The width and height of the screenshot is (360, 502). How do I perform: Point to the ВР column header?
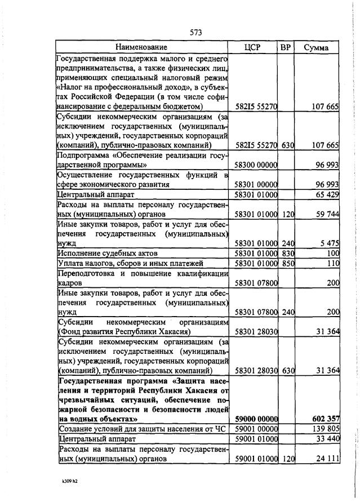tap(286, 47)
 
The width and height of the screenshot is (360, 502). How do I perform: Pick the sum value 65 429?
tap(325, 195)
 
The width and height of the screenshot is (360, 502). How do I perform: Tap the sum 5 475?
tap(327, 243)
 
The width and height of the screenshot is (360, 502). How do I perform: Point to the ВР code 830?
tap(288, 253)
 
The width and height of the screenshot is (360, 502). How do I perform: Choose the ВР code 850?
tap(288, 263)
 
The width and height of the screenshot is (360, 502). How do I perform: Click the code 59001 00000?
tap(256, 429)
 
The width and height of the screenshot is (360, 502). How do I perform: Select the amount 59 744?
tap(325, 214)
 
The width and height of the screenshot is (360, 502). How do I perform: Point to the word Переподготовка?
tap(85, 273)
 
